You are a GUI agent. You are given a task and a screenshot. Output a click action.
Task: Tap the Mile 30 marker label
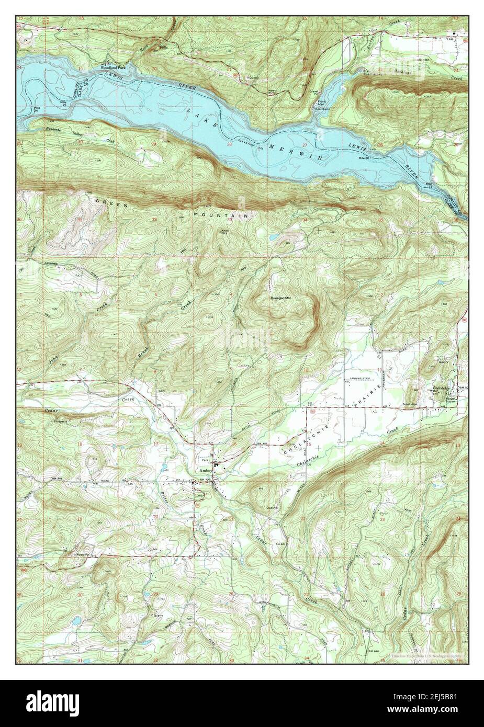pyautogui.click(x=364, y=158)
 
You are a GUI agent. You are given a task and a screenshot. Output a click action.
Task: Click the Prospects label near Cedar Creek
pyautogui.click(x=57, y=419)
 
